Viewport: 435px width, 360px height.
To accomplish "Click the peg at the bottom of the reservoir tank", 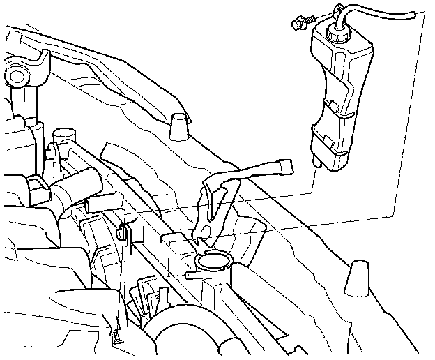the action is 318,161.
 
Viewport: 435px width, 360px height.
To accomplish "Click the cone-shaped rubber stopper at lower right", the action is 359,278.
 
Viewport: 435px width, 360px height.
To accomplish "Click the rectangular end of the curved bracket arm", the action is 284,167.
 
